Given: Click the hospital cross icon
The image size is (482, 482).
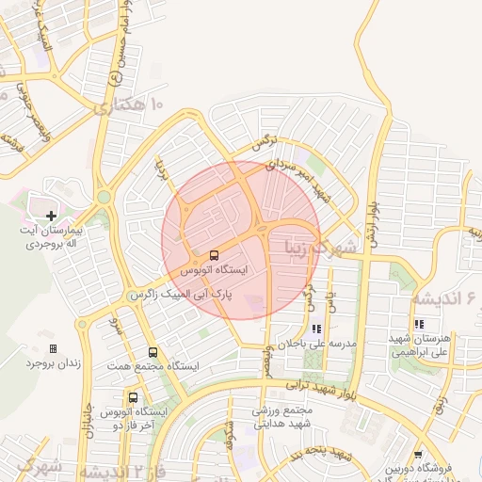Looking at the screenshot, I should (51, 217).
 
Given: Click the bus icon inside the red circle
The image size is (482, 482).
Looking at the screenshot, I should (214, 255).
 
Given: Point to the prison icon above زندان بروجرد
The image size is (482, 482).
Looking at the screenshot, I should (53, 348).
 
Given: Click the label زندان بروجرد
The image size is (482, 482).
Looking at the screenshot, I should (50, 362).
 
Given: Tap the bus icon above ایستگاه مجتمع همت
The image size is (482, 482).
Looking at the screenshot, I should (153, 352).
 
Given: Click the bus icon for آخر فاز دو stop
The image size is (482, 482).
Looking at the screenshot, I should (133, 398).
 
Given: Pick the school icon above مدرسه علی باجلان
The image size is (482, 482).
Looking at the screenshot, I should (316, 329).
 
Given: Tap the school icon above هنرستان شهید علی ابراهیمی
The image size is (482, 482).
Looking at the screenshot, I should (419, 325).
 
